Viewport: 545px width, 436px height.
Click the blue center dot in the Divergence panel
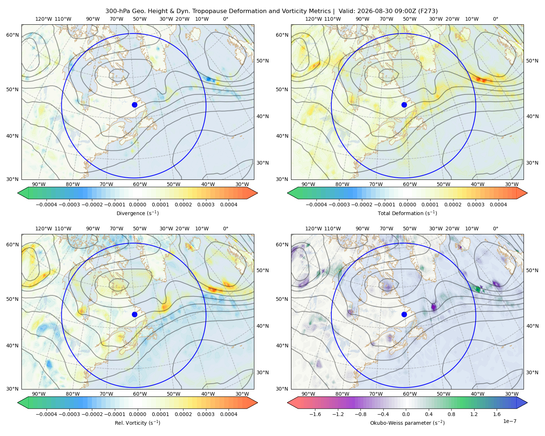tap(134, 105)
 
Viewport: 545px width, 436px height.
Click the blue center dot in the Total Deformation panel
tap(404, 105)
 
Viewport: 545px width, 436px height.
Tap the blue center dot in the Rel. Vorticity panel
tap(134, 314)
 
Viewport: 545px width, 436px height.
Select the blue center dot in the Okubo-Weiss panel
tap(404, 314)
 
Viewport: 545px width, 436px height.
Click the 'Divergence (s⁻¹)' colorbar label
tap(137, 213)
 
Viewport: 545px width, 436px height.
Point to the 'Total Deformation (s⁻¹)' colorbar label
tap(407, 213)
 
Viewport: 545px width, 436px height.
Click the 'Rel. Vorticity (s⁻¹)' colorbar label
tap(137, 423)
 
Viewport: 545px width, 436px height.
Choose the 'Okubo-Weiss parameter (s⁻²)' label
tap(407, 423)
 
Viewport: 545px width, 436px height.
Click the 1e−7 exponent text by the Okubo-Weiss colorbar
tap(509, 421)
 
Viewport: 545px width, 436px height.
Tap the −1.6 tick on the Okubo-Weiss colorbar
tap(315, 414)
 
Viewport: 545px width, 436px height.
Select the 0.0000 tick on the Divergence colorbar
tap(137, 205)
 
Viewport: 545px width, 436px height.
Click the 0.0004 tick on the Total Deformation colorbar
tap(498, 205)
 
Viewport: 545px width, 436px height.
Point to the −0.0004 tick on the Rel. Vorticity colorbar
tap(47, 414)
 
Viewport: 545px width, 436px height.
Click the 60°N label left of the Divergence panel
tap(12, 35)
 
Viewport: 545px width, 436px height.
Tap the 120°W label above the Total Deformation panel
tap(314, 19)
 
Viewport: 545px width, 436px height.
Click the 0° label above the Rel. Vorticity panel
tap(226, 229)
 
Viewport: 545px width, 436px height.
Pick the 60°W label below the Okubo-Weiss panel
tap(410, 394)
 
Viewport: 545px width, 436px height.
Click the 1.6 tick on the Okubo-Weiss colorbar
tap(497, 414)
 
